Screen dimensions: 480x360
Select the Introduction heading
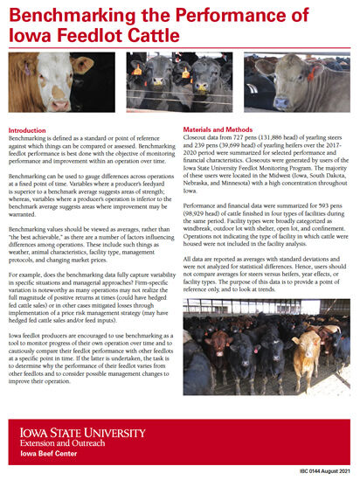tap(32, 130)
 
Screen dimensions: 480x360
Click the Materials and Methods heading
tap(227, 129)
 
